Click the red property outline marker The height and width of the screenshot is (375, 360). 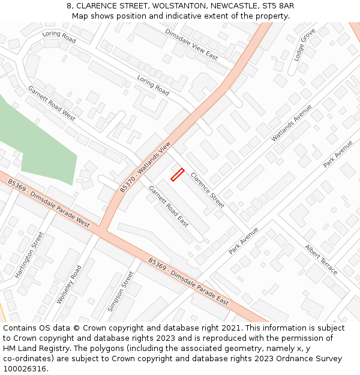177,175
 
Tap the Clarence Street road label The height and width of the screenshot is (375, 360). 207,190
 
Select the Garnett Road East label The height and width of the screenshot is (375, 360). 169,206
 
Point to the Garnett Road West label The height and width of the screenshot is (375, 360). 52,103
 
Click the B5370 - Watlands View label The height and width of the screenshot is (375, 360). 145,167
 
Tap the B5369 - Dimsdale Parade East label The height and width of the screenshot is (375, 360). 188,281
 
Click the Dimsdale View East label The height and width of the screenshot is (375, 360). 191,44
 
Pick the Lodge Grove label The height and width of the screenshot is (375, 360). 304,44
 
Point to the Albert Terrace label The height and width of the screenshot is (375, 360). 321,259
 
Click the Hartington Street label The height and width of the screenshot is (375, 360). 30,254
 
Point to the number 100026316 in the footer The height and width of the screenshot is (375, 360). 25,368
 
